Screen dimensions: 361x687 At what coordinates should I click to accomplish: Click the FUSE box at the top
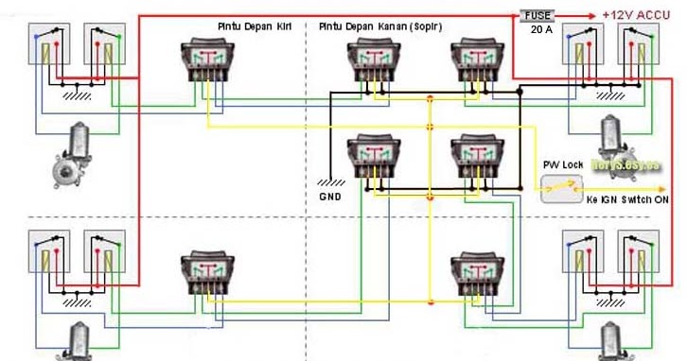pos(536,16)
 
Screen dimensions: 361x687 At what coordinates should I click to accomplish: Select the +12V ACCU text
pos(636,16)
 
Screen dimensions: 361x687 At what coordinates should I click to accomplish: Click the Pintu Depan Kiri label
pos(254,28)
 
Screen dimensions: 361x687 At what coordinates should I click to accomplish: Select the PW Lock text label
pos(563,165)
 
